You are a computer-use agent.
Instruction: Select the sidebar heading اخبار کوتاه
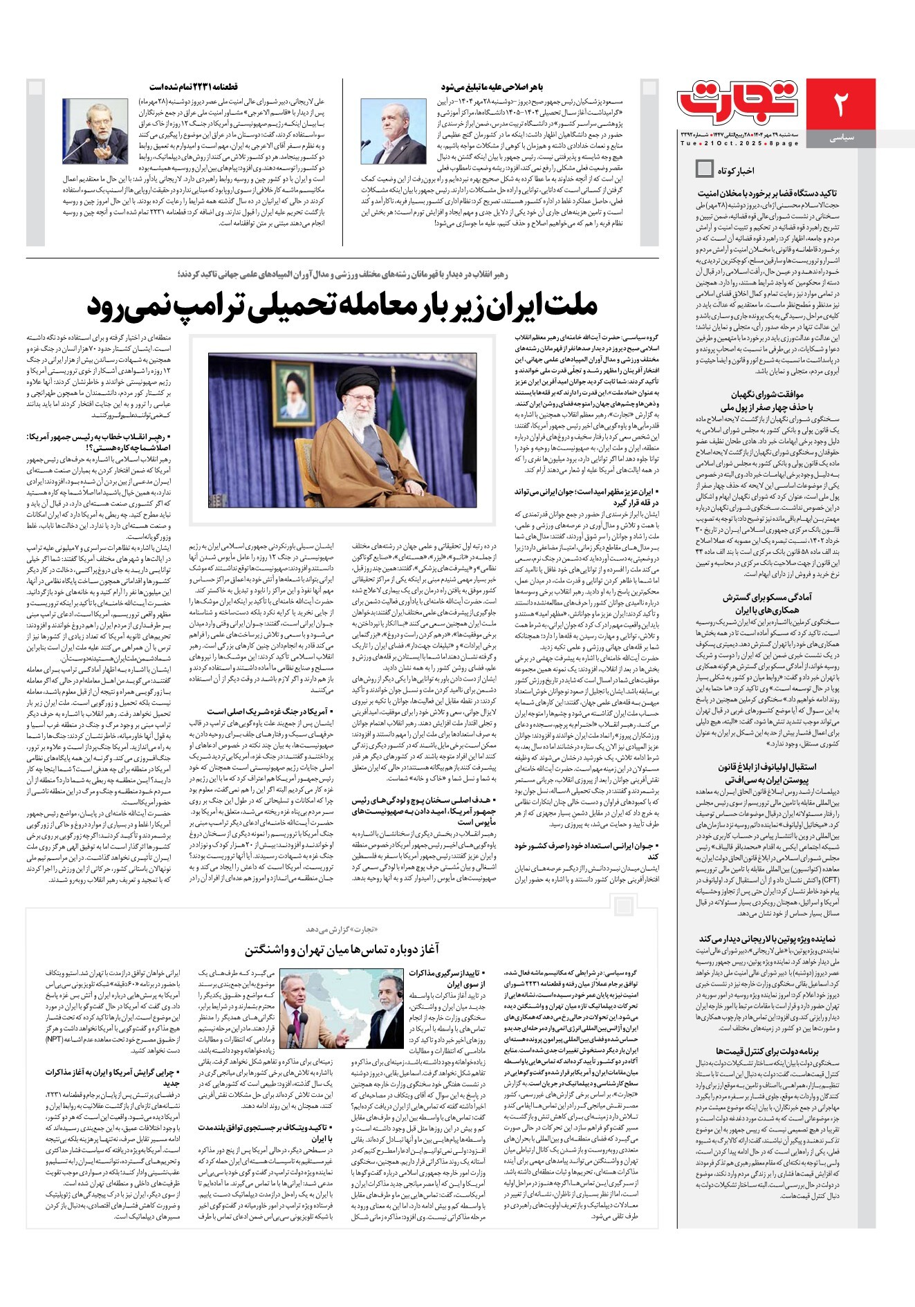click(735, 170)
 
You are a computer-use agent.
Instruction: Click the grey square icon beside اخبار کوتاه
click(704, 168)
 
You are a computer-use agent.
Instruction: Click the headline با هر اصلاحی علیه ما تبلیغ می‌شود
click(492, 87)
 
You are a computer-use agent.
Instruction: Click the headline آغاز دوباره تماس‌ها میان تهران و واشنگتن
click(342, 949)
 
